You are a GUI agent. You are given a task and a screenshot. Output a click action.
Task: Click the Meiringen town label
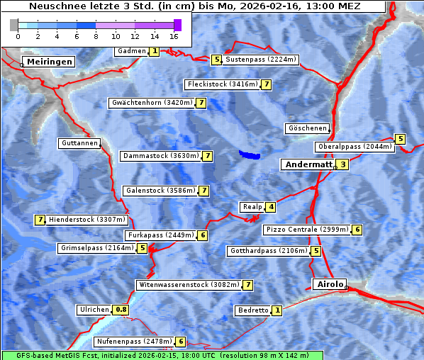point(50,62)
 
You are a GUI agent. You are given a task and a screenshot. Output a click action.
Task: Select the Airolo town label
point(330,284)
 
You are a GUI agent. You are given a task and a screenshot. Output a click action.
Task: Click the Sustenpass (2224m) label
point(261,60)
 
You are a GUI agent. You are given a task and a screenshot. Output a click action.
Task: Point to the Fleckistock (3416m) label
point(221,84)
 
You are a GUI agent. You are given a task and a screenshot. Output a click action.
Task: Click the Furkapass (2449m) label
point(160,235)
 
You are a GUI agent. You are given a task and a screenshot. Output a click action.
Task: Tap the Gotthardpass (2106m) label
point(268,251)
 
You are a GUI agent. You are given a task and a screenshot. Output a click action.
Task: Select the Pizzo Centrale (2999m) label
point(307,230)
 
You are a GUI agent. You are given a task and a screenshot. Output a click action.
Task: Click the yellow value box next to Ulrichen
point(121,310)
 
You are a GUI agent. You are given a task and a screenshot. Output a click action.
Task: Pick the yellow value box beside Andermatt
point(342,164)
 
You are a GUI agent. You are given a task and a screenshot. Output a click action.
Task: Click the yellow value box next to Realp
point(271,207)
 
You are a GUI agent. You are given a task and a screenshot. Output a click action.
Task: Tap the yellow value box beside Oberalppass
point(400,139)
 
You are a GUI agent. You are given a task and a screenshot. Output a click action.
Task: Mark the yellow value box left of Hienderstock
point(40,220)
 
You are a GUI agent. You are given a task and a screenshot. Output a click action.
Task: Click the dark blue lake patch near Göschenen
point(249,154)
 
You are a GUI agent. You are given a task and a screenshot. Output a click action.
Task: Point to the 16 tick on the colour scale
point(174,35)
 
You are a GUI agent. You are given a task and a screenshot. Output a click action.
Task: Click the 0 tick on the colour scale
point(18,35)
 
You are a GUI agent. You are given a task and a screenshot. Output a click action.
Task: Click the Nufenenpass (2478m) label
point(134,342)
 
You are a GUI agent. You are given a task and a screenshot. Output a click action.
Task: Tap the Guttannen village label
point(79,143)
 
